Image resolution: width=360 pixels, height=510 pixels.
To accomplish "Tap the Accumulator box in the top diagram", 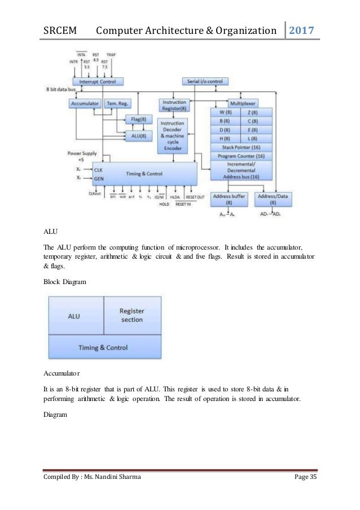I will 85,104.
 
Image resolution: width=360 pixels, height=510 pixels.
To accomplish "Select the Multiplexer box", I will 242,104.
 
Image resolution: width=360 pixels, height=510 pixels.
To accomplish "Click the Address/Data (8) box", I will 266,199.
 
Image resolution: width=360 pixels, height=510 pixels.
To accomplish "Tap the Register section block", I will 132,315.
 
